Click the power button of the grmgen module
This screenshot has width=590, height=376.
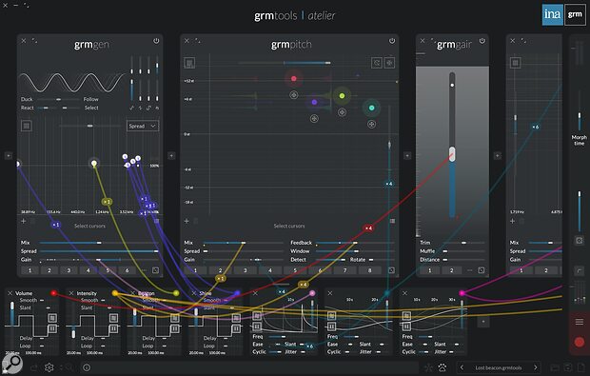tap(156, 41)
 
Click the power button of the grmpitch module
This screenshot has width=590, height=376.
tap(393, 41)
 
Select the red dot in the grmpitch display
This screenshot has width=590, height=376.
tap(294, 78)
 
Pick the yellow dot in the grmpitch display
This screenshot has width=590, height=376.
tap(341, 95)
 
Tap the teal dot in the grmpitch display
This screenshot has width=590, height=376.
tap(372, 109)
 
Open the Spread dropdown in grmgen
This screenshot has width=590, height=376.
tap(143, 126)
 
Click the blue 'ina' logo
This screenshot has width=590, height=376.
tap(551, 14)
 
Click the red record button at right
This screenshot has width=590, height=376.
tap(578, 341)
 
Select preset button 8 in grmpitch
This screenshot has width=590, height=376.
tap(368, 271)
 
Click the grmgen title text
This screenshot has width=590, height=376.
tap(89, 44)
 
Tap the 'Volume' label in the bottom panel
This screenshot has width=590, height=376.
tap(26, 293)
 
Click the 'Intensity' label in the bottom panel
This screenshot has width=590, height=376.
tap(88, 293)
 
